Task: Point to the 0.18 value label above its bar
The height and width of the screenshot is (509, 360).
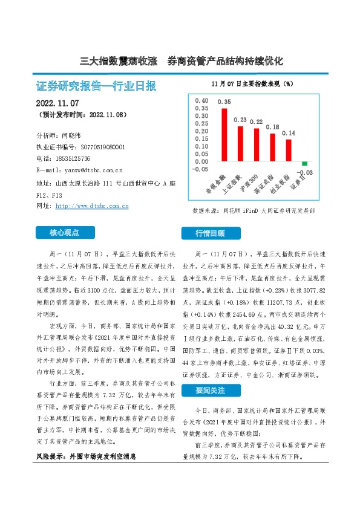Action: [x=272, y=127]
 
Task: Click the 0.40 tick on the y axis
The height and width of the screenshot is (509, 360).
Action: [x=200, y=101]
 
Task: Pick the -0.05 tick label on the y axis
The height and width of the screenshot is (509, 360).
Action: [x=198, y=170]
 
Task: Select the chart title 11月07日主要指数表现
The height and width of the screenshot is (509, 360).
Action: [x=252, y=83]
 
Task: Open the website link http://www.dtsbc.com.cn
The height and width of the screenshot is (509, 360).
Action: [x=91, y=206]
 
